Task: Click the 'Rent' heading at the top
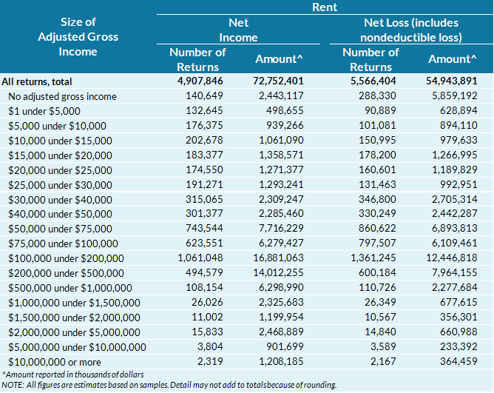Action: click(x=324, y=7)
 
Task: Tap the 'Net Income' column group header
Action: click(x=238, y=30)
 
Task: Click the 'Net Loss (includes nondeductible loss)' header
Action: click(x=410, y=30)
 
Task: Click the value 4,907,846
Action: click(x=201, y=82)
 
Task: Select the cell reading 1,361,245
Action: click(x=374, y=258)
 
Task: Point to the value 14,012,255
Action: click(x=274, y=272)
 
